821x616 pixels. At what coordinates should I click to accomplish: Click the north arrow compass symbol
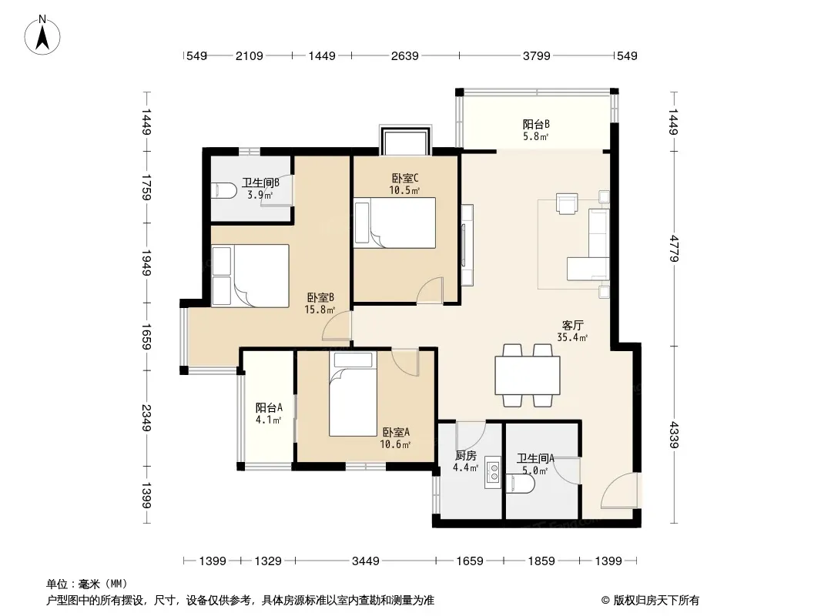(42, 35)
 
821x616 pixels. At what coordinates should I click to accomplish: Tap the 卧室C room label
(405, 179)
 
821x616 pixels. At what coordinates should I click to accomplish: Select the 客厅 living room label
(572, 326)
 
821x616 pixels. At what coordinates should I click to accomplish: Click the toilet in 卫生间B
(222, 190)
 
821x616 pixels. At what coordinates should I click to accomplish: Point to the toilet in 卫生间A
(521, 484)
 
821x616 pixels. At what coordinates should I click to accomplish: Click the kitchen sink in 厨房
(493, 473)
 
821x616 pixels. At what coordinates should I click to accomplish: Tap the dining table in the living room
(528, 375)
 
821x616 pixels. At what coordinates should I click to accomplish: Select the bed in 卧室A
(353, 393)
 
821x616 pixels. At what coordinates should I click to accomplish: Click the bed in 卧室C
(395, 223)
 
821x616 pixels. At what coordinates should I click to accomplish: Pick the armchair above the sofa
(567, 204)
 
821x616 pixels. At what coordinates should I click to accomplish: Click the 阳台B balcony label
(535, 125)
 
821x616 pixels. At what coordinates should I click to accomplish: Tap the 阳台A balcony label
(269, 407)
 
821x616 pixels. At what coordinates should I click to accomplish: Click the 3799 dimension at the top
(536, 55)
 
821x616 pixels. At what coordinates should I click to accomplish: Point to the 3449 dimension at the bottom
(365, 561)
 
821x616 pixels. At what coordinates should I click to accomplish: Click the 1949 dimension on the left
(146, 263)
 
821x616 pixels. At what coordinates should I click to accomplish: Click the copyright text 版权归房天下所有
(656, 601)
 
